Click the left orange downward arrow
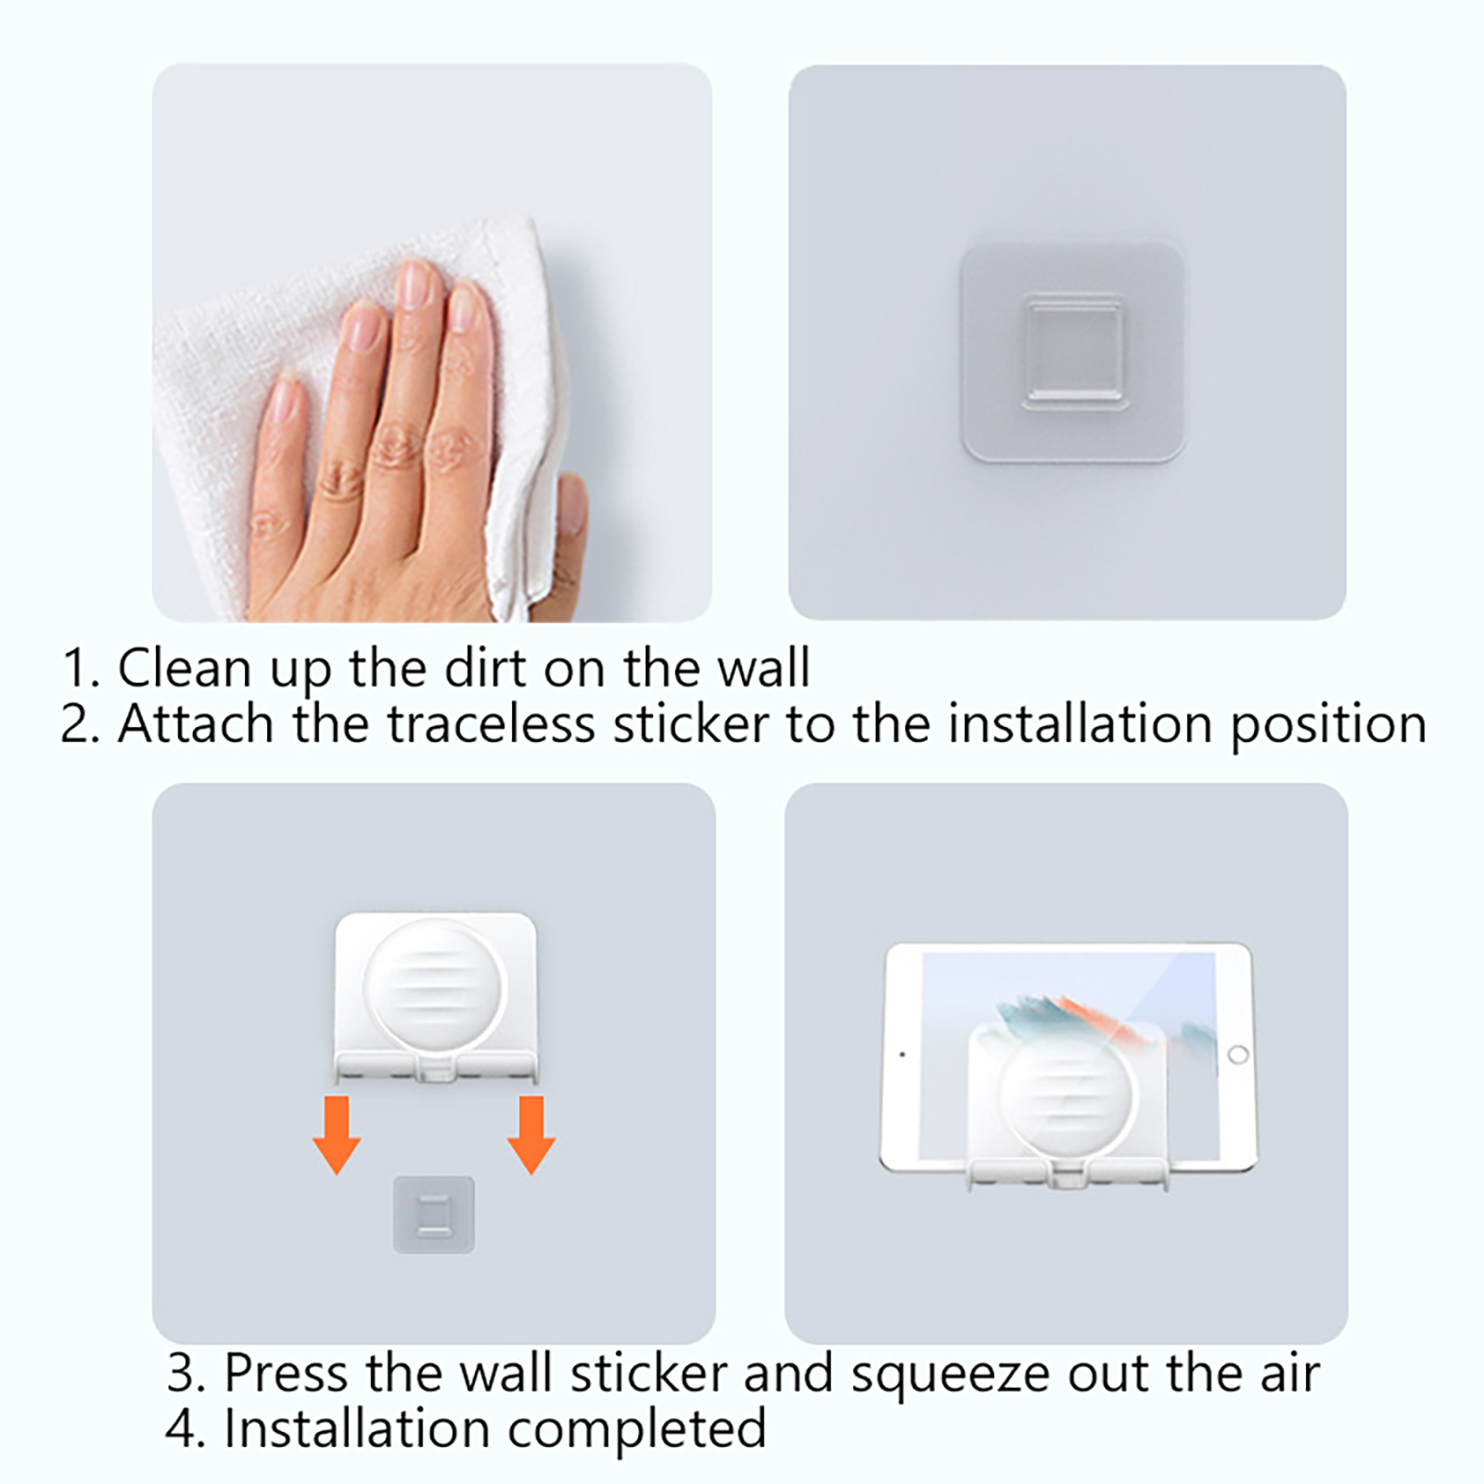pos(336,1134)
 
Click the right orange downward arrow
pos(531,1134)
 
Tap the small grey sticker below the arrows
pos(433,1214)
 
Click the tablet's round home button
pos(1237,1055)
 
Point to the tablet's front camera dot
pos(902,1055)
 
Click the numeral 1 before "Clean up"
pos(75,669)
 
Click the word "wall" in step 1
pos(764,668)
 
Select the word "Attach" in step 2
pos(196,724)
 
